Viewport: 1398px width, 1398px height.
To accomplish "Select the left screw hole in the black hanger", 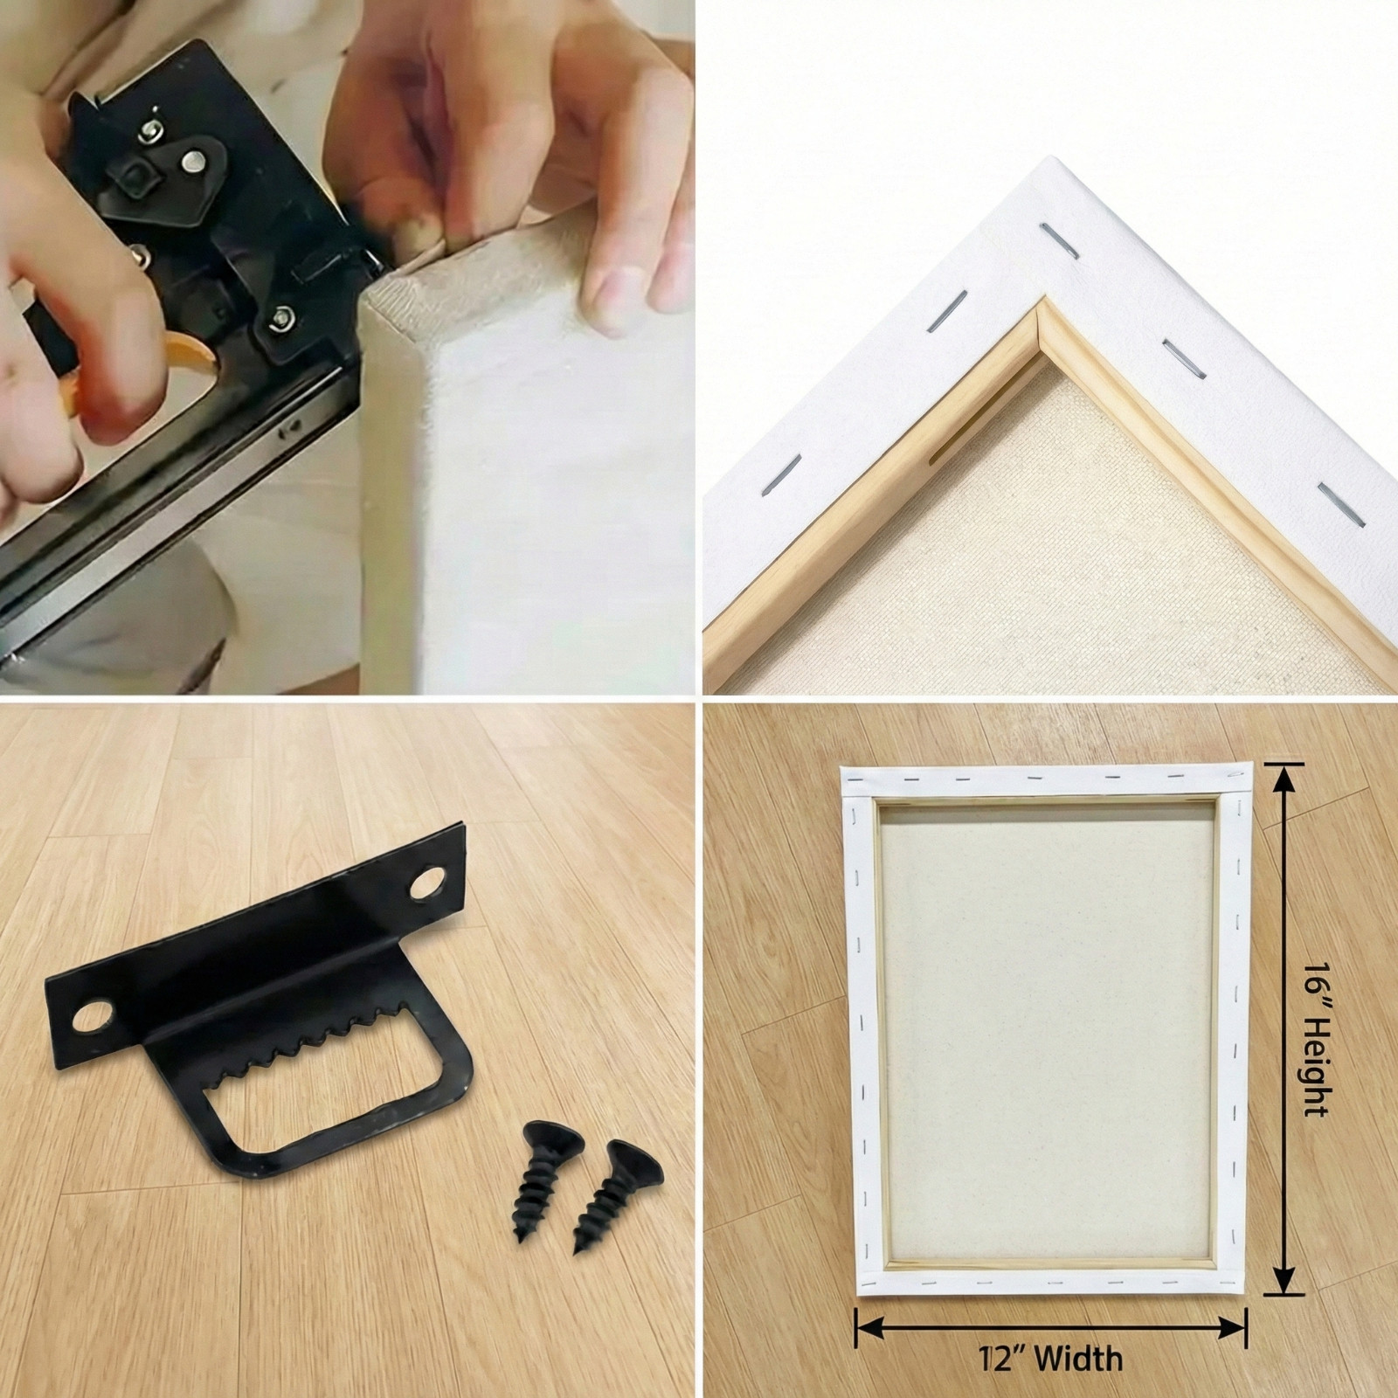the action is pyautogui.click(x=93, y=1018).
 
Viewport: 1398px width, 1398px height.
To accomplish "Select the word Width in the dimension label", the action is pyautogui.click(x=1077, y=1358).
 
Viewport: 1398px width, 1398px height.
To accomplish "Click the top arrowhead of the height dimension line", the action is pyautogui.click(x=1282, y=775).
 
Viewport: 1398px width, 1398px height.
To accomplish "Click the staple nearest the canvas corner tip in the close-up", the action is pyautogui.click(x=1049, y=233).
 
